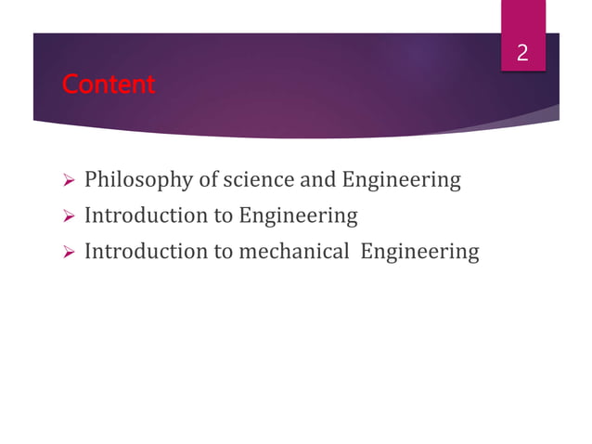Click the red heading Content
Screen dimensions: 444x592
[108, 85]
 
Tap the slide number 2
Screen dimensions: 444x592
[522, 54]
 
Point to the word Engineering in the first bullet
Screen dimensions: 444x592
[402, 179]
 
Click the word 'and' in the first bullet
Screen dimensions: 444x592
[318, 179]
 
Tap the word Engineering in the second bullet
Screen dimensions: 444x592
[298, 215]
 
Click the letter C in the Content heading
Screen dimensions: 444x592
[69, 85]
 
